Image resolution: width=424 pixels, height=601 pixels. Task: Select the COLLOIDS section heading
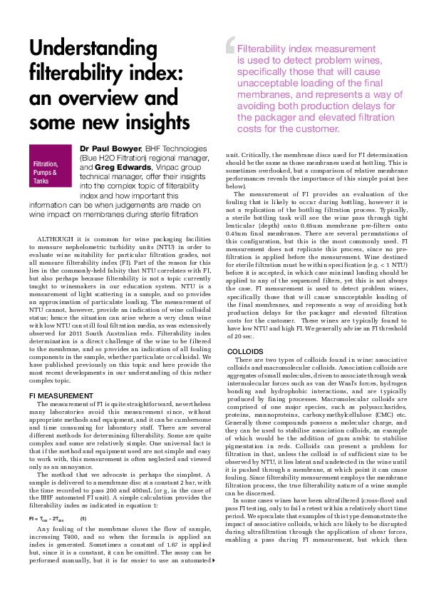(244, 352)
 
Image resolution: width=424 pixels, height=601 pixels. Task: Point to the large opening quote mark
(229, 45)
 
